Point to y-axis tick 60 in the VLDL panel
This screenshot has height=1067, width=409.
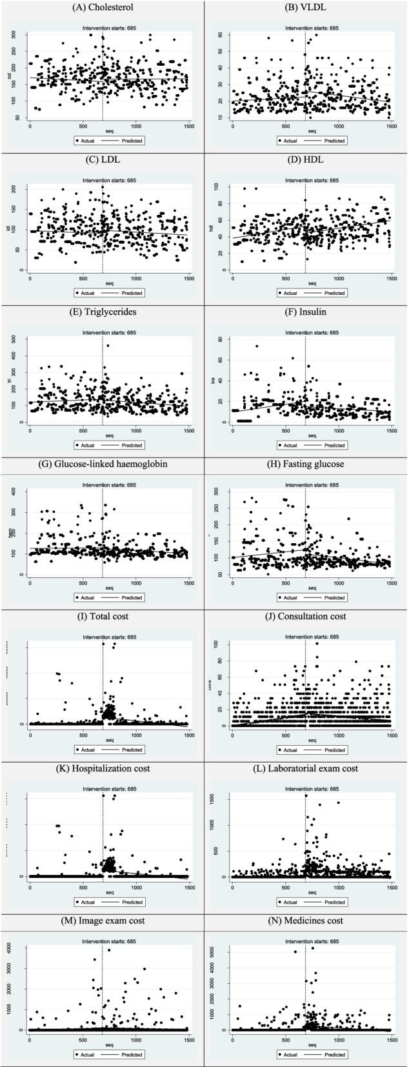pos(219,34)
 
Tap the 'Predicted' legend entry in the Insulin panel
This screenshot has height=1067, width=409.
pos(334,445)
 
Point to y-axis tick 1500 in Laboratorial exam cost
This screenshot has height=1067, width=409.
pos(219,796)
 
